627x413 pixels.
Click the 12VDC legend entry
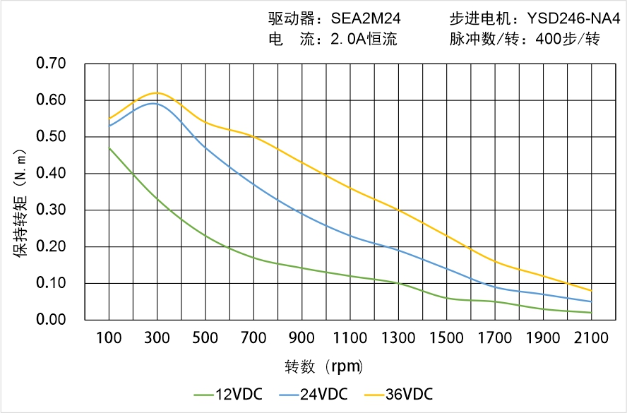228,394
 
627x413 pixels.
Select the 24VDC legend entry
314,394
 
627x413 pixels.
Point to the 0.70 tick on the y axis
51,64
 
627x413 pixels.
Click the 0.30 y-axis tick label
51,210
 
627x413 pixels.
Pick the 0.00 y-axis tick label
51,320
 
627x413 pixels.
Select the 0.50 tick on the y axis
51,137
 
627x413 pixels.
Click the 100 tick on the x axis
109,338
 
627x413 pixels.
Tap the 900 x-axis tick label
302,338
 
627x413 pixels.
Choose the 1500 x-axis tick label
447,338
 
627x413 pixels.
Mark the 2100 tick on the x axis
592,338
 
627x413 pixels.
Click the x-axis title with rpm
324,367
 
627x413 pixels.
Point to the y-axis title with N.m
20,201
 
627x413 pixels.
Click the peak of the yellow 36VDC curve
156,92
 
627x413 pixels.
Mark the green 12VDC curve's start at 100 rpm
109,148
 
